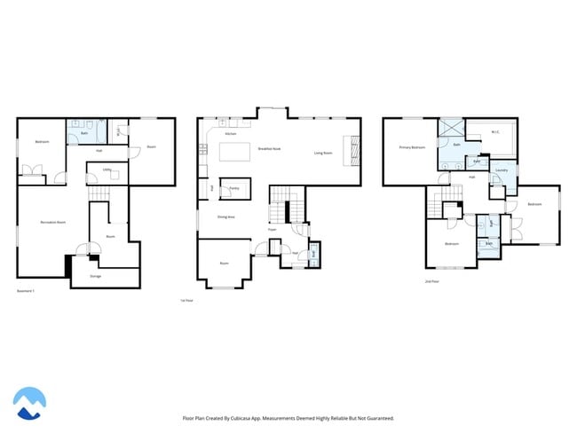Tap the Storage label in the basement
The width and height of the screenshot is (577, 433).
point(96,276)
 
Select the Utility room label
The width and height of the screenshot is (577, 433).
point(106,169)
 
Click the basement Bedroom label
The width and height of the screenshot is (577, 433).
point(42,142)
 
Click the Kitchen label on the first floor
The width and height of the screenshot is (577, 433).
point(230,134)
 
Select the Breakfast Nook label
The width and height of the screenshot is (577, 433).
point(270,148)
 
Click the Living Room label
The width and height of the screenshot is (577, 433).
point(323,153)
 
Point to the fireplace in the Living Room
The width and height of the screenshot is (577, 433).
point(354,150)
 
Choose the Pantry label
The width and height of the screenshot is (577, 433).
point(234,188)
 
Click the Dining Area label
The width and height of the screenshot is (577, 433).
point(225,216)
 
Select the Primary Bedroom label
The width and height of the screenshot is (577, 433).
point(411,147)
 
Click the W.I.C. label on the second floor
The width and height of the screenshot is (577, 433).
point(495,134)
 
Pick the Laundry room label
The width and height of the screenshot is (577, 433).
point(502,169)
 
